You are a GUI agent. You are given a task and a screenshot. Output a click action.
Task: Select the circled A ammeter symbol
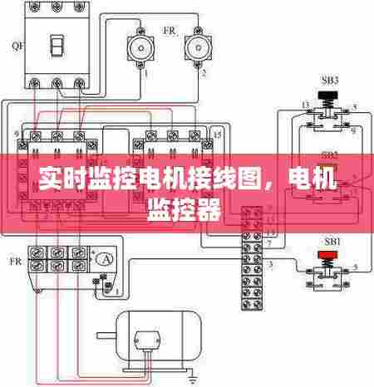[104, 260]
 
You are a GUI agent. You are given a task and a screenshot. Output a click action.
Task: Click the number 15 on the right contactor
[218, 133]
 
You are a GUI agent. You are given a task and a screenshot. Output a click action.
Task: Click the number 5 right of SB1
[357, 267]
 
